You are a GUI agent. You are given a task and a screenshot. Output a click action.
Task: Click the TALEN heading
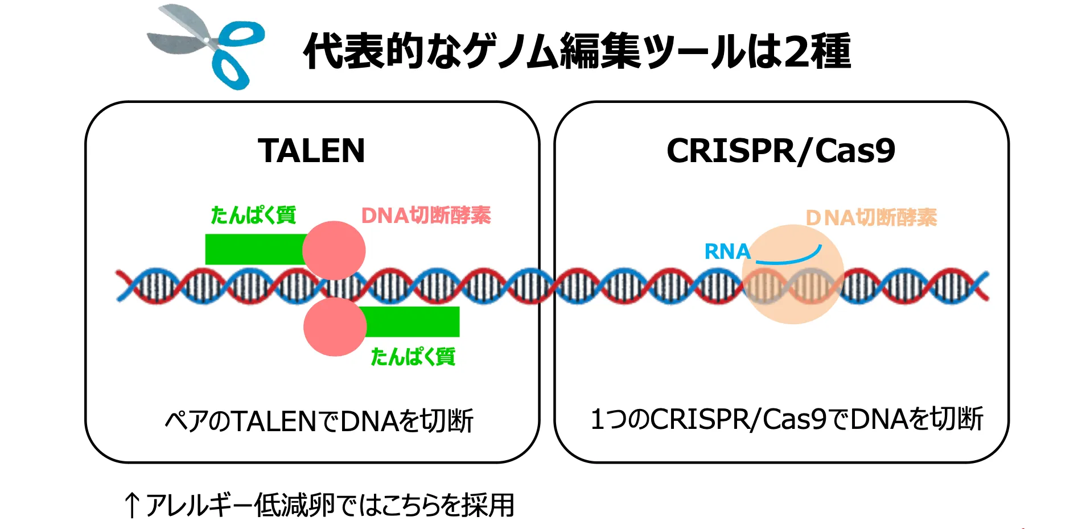(x=311, y=151)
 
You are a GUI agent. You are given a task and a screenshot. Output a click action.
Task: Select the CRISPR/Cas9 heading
(x=781, y=151)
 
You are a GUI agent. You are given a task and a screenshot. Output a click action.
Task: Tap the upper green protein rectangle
(x=256, y=249)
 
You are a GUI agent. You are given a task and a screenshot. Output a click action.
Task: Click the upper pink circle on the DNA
(x=334, y=250)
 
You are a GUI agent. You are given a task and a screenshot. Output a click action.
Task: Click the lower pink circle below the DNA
(x=335, y=327)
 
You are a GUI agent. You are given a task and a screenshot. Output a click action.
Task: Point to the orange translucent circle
(x=793, y=274)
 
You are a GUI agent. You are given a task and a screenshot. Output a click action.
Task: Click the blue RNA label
(x=727, y=251)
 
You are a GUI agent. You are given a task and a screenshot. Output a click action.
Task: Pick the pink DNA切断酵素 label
(x=426, y=216)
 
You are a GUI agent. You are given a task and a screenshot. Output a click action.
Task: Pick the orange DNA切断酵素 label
(x=871, y=217)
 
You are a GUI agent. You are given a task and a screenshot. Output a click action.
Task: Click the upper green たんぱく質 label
(x=253, y=215)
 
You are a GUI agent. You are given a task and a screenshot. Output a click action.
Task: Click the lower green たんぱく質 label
(x=413, y=357)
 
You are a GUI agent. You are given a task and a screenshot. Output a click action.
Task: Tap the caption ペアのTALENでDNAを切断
(x=319, y=421)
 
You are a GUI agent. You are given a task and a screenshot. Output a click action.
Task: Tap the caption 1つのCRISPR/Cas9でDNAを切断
(x=787, y=419)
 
